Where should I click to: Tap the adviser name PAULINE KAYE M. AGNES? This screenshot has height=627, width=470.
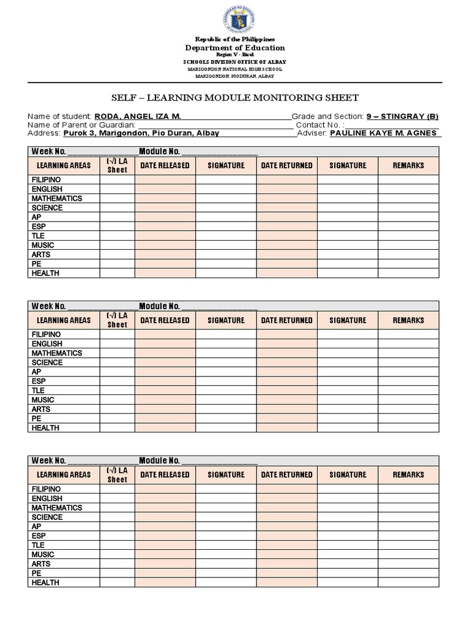[383, 133]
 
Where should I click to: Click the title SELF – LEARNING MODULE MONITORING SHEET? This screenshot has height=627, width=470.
[235, 97]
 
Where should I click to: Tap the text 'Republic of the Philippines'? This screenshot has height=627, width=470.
[235, 39]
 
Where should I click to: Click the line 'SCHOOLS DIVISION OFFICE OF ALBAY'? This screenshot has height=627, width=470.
[235, 62]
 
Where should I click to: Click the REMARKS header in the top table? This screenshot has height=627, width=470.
[408, 165]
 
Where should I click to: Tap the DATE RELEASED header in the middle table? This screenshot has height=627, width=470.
[165, 320]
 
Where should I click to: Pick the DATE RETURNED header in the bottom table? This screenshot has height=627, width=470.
[286, 475]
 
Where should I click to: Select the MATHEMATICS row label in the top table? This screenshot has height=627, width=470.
[57, 198]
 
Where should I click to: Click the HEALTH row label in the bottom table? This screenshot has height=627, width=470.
[46, 582]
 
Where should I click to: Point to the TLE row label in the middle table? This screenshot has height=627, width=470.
[39, 390]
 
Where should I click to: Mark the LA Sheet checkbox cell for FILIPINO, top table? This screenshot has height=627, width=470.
[117, 180]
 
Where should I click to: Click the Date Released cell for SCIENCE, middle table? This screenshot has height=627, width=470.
[165, 362]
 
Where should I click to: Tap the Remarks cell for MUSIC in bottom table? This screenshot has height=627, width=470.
[408, 554]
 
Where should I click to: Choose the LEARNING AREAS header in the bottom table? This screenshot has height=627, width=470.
[64, 475]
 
